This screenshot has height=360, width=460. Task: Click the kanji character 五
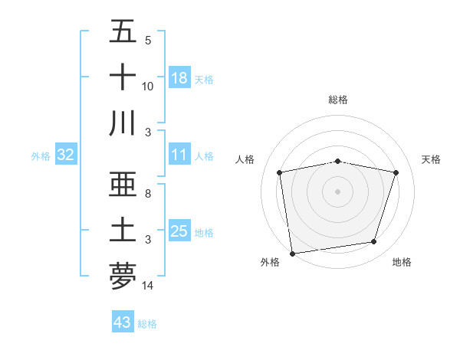pyautogui.click(x=123, y=32)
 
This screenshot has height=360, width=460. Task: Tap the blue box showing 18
pyautogui.click(x=179, y=77)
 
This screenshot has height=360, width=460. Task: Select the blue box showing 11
pyautogui.click(x=179, y=155)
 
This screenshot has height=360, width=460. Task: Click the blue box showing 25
pyautogui.click(x=179, y=231)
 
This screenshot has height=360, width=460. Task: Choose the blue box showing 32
pyautogui.click(x=66, y=155)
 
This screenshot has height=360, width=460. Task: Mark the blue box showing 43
pyautogui.click(x=123, y=322)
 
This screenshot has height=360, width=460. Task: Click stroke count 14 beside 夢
pyautogui.click(x=148, y=286)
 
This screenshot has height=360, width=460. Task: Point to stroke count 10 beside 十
pyautogui.click(x=148, y=87)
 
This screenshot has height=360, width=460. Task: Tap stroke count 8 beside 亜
pyautogui.click(x=148, y=195)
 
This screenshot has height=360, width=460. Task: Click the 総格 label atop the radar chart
pyautogui.click(x=337, y=100)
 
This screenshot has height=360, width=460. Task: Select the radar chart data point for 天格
pyautogui.click(x=396, y=173)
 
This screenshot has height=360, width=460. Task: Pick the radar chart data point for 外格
pyautogui.click(x=292, y=253)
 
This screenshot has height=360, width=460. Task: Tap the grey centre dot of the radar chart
pyautogui.click(x=337, y=191)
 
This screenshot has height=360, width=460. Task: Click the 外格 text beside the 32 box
pyautogui.click(x=41, y=155)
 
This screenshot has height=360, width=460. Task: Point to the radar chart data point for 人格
pyautogui.click(x=280, y=173)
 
